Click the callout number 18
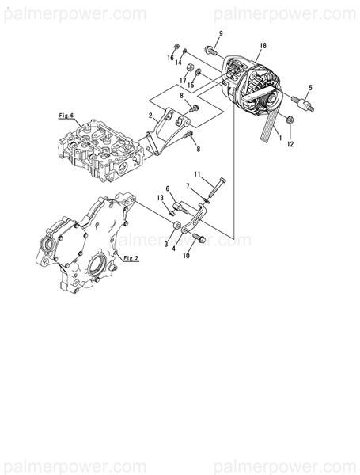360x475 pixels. (263, 47)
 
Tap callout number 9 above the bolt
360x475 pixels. (221, 32)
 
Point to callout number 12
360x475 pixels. (290, 145)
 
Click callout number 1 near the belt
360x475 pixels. (279, 137)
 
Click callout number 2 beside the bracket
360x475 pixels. (150, 116)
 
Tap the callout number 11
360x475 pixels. (198, 173)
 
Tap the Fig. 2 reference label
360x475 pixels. (131, 257)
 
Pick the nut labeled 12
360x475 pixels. (290, 120)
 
